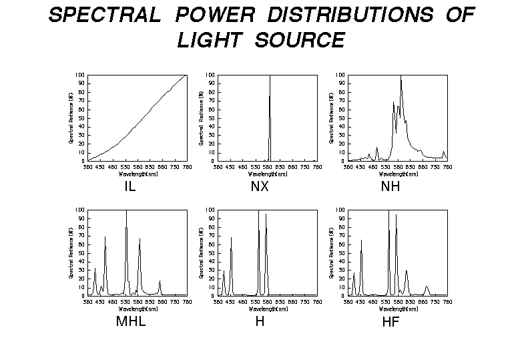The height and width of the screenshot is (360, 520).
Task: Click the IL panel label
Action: tap(129, 186)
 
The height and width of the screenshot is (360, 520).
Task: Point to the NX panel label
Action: tap(260, 186)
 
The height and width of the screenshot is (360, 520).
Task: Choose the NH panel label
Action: tap(391, 186)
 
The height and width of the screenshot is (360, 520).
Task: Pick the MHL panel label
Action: tap(130, 321)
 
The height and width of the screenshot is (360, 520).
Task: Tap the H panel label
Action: tap(260, 321)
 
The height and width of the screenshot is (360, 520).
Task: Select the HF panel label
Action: tap(391, 321)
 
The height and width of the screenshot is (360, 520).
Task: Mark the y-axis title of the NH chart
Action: tap(332, 118)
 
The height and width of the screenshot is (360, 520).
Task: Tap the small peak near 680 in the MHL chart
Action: tap(159, 283)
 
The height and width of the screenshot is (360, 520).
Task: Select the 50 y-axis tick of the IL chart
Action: tap(81, 118)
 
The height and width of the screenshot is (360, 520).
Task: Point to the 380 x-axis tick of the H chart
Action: tap(218, 301)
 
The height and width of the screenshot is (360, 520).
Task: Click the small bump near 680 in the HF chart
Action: tap(427, 288)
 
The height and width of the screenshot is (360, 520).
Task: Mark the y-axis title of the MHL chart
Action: tap(71, 252)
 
